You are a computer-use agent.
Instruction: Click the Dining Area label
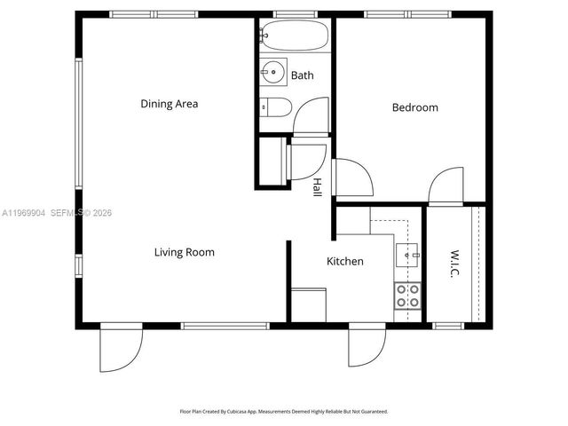169,104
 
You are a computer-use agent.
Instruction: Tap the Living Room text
185,252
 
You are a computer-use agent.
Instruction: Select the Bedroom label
415,107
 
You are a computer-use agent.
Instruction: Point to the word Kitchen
345,261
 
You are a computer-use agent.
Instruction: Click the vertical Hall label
317,186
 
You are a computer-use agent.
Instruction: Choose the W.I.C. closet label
454,263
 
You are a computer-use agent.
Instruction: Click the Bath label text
302,75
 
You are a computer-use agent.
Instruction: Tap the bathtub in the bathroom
295,36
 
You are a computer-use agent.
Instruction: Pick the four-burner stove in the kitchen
408,296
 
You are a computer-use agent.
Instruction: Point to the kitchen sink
410,255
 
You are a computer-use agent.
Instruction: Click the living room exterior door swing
120,349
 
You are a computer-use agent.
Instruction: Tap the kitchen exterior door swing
367,346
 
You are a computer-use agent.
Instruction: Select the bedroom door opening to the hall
351,177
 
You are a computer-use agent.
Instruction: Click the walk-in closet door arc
446,186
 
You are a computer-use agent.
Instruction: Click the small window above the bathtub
295,14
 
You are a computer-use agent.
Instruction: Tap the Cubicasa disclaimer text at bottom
284,412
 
